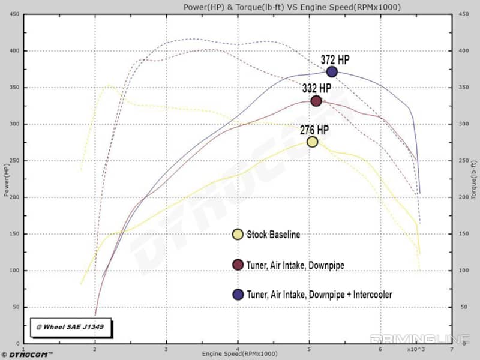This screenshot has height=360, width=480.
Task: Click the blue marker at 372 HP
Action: tap(332, 71)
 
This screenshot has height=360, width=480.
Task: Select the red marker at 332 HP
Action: tap(316, 101)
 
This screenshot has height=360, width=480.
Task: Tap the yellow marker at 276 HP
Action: tap(312, 142)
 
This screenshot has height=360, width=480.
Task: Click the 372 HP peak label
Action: tap(335, 59)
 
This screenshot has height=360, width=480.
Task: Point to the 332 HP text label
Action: tap(317, 88)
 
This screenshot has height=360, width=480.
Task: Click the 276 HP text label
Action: tap(314, 129)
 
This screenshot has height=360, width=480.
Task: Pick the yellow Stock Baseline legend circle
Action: tap(238, 234)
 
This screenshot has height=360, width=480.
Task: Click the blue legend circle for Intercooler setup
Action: tap(238, 294)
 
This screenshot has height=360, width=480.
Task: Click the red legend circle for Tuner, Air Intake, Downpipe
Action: tap(238, 264)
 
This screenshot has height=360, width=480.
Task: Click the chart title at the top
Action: tap(292, 7)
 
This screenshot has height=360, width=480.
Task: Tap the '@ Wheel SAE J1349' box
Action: tap(70, 327)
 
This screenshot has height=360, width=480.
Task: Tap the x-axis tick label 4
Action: tap(238, 349)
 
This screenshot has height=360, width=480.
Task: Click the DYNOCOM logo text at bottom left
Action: tap(30, 355)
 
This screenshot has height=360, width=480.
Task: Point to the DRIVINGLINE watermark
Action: tap(418, 339)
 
